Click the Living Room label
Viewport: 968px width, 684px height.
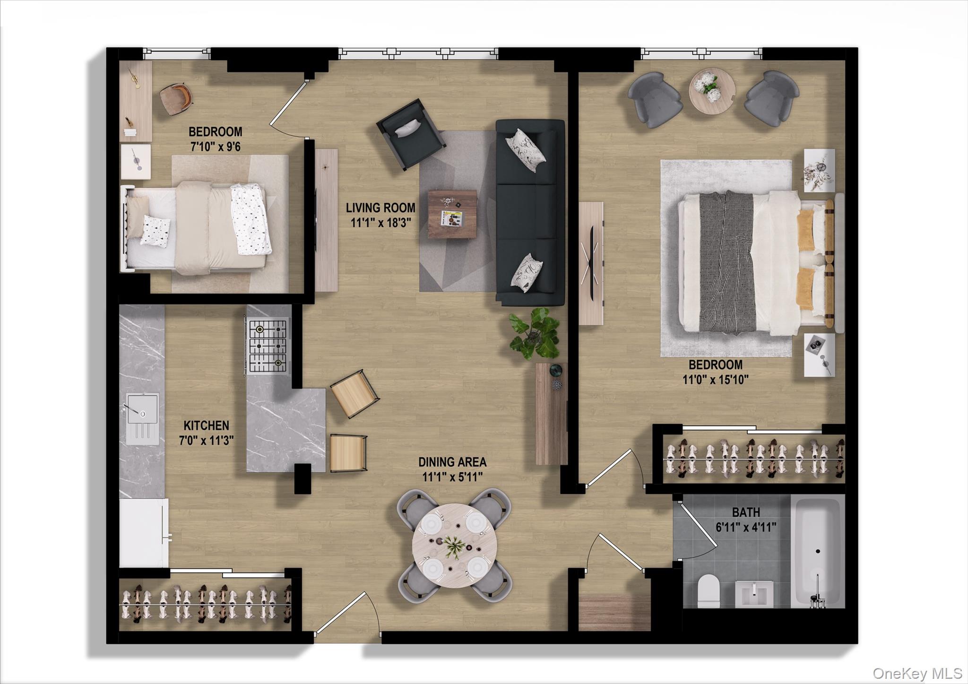click(380, 208)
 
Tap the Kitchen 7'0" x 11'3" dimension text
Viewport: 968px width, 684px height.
click(207, 441)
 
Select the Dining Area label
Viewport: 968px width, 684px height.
click(452, 462)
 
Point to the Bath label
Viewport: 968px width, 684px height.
click(746, 512)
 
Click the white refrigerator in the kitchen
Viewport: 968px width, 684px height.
click(144, 533)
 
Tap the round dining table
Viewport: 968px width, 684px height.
click(454, 545)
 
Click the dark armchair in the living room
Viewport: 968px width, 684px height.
click(411, 134)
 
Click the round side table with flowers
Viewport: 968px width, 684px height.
click(712, 91)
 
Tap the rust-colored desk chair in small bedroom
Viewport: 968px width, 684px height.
click(176, 98)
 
